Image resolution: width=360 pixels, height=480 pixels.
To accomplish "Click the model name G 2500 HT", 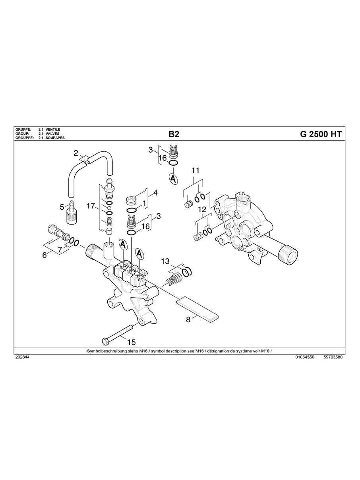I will tap(320, 134).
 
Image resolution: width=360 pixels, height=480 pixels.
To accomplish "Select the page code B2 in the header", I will tap(174, 134).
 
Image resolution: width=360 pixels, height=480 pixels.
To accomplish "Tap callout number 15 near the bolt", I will tap(131, 342).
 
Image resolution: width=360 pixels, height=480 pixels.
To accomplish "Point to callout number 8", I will tap(188, 319).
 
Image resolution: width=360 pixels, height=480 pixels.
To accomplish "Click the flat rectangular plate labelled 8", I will tap(198, 308).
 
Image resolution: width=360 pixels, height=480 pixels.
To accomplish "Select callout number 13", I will tap(165, 261).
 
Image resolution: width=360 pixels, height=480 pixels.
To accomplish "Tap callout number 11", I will tap(195, 171).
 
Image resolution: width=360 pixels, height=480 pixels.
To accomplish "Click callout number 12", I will tap(202, 209).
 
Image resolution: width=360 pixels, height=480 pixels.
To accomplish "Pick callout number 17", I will tap(91, 206).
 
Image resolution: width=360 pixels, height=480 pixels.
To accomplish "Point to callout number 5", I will tap(62, 207).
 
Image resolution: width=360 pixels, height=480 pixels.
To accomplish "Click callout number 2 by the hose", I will tap(76, 153).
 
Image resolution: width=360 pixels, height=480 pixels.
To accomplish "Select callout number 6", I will tap(45, 255).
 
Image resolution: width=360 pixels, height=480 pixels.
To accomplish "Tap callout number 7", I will tap(60, 250).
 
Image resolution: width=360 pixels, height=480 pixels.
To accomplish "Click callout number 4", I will tap(155, 193).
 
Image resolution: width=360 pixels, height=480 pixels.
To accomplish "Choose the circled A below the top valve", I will tap(173, 178).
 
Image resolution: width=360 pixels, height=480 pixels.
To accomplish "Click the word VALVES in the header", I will tap(52, 134).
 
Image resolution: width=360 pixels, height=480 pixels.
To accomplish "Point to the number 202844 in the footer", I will tap(22, 357).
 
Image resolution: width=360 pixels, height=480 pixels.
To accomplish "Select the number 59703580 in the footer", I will tap(333, 357).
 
